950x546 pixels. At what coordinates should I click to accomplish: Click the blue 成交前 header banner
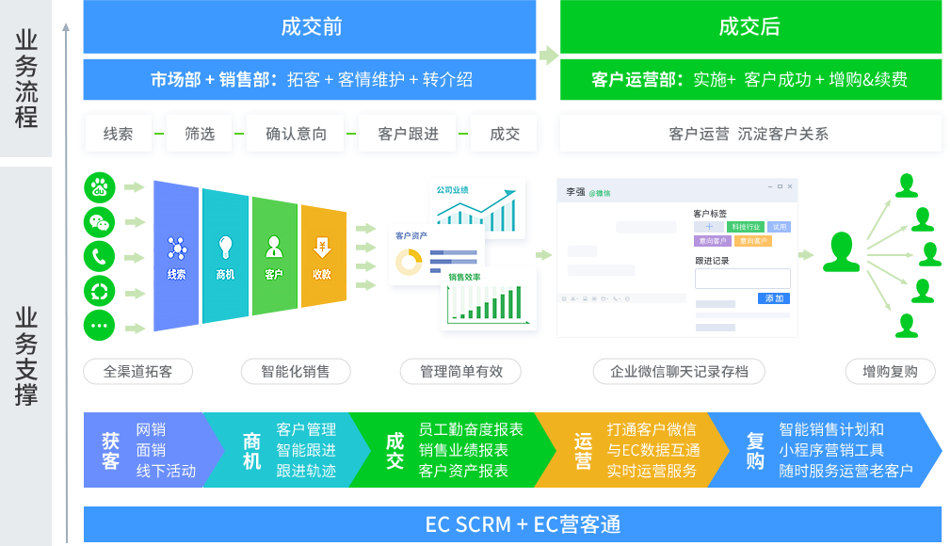click(310, 27)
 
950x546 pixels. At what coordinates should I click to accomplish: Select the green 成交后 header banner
click(749, 27)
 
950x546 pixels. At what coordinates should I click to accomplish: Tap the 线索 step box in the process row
click(119, 135)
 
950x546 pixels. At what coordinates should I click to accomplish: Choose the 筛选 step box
click(200, 135)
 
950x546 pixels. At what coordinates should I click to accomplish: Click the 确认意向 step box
click(297, 135)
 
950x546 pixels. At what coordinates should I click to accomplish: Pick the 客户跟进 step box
click(408, 135)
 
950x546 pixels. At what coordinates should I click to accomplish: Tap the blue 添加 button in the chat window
click(774, 298)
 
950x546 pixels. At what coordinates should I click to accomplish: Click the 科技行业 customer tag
click(744, 227)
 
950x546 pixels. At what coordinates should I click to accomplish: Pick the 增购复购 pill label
click(890, 371)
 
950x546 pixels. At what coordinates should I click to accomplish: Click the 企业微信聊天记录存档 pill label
click(679, 371)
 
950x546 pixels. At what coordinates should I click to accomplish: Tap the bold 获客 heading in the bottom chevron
click(111, 450)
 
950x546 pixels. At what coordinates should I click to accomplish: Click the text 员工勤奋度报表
click(471, 429)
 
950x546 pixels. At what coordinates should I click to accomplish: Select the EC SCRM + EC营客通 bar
click(512, 524)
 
